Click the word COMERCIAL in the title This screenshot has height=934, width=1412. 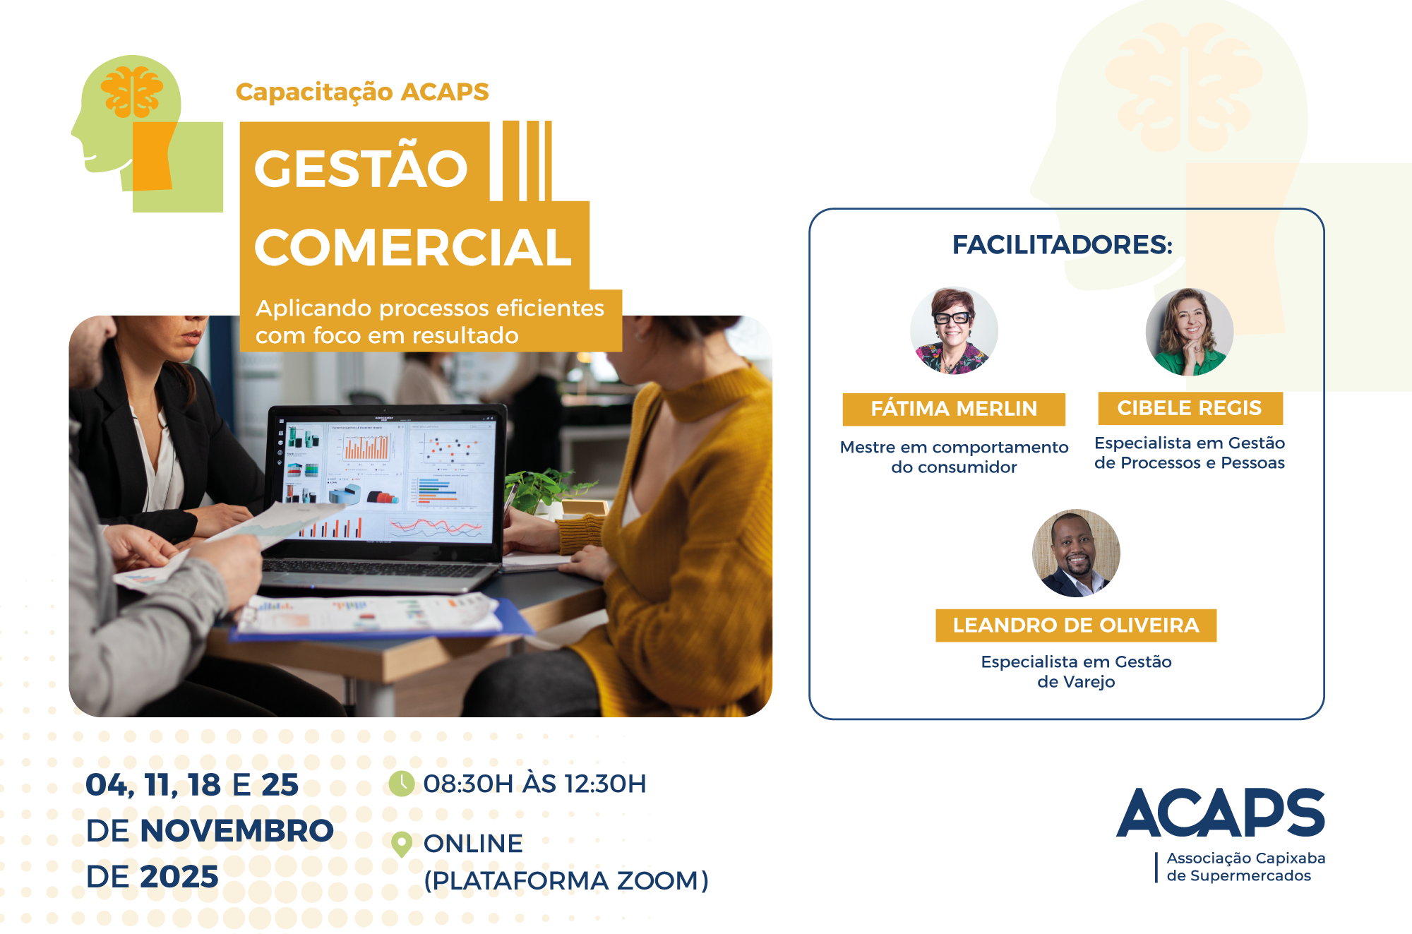413,248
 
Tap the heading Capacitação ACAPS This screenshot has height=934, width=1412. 362,92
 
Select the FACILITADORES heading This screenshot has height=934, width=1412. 1063,245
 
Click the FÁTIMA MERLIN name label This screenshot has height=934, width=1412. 954,409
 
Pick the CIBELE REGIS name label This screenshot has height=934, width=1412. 1190,408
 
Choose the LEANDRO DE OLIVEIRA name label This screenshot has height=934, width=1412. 1076,625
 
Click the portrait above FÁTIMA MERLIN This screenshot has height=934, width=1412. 954,330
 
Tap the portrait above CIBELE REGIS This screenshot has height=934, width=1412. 1190,331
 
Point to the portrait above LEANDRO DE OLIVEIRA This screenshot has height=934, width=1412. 1076,553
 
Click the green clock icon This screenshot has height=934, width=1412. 402,784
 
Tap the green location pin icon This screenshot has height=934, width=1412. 402,844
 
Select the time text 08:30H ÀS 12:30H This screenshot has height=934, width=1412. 534,784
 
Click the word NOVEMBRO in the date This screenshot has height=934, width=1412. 237,831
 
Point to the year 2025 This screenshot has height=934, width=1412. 179,877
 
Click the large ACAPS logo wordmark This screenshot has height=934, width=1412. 1221,813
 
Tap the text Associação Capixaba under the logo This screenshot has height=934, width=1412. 1246,858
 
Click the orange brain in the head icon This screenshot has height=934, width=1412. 132,92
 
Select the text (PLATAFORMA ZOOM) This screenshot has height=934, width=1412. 566,881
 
